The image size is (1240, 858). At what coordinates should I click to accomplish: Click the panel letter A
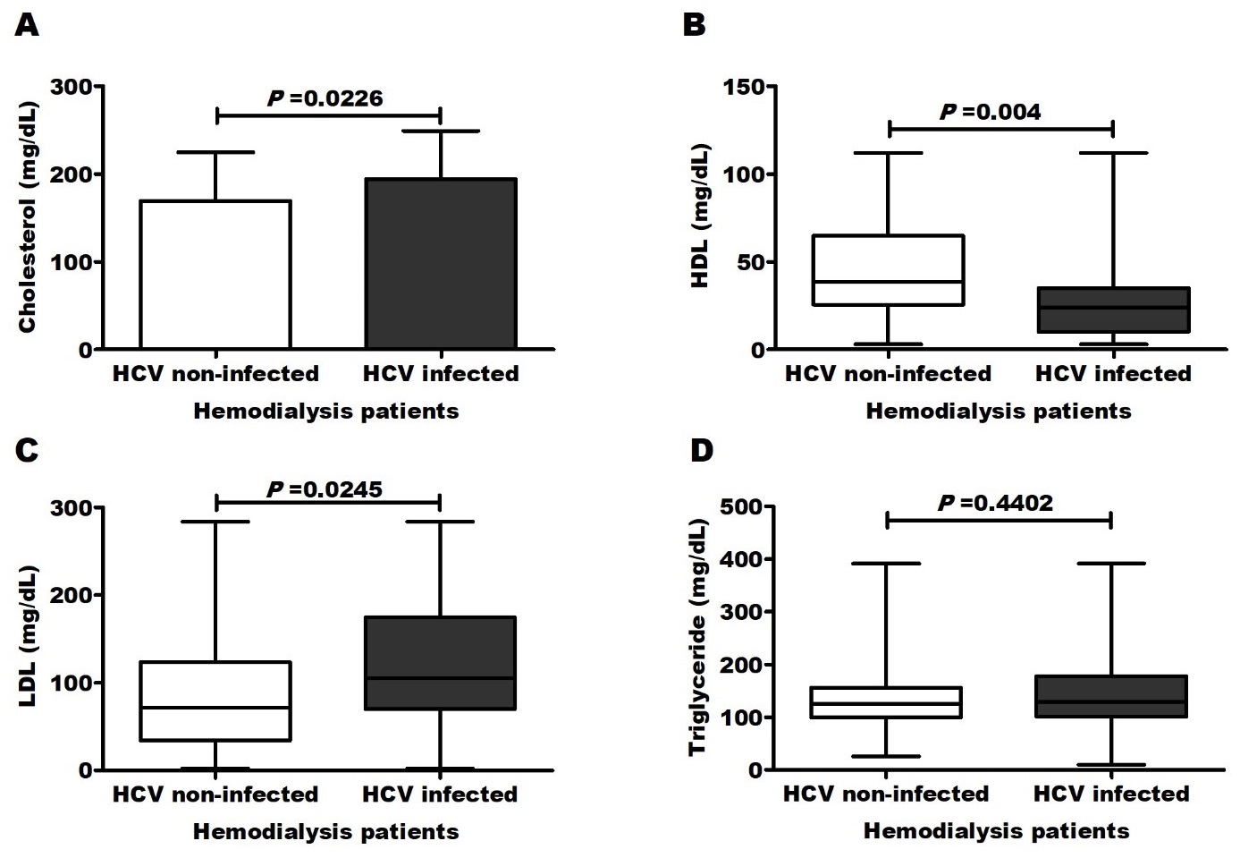point(28,27)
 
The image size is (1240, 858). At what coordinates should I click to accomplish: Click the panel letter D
point(702,449)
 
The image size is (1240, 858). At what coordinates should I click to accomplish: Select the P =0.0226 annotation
point(326,98)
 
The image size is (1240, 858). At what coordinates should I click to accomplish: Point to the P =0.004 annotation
point(990,112)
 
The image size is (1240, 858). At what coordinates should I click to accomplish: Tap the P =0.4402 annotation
point(995,504)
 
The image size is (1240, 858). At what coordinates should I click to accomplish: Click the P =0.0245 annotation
point(325,489)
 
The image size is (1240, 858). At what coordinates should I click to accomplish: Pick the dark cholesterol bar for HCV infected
point(440,263)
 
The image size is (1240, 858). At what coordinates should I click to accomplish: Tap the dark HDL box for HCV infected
point(1112,310)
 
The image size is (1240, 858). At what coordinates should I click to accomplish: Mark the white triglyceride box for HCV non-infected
point(886,702)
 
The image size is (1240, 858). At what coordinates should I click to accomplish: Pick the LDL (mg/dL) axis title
point(27,638)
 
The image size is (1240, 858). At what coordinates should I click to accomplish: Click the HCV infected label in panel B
point(1113,373)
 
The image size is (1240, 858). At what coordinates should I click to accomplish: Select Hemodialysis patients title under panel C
point(326,831)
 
